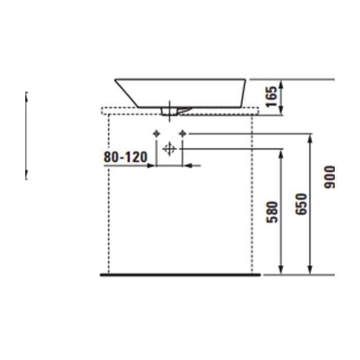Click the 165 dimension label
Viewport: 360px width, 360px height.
[271, 97]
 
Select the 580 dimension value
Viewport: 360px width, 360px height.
[272, 212]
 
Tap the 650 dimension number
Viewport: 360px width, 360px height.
[301, 204]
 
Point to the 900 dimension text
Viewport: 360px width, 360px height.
[329, 177]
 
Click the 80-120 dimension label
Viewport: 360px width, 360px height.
[125, 157]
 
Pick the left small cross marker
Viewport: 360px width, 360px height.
[156, 133]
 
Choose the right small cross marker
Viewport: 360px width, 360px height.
[183, 133]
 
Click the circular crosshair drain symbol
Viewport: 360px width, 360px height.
[169, 149]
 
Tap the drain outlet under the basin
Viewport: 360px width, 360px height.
[170, 112]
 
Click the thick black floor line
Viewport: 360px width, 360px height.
[180, 275]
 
